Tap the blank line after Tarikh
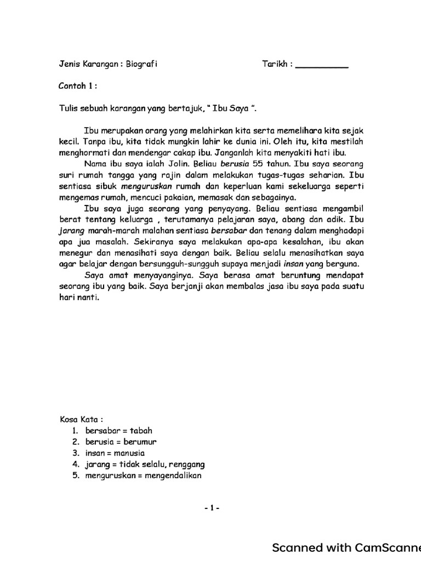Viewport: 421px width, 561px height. [x=322, y=66]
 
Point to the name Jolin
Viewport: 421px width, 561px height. [x=177, y=164]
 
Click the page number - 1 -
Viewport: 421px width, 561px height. [x=210, y=508]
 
